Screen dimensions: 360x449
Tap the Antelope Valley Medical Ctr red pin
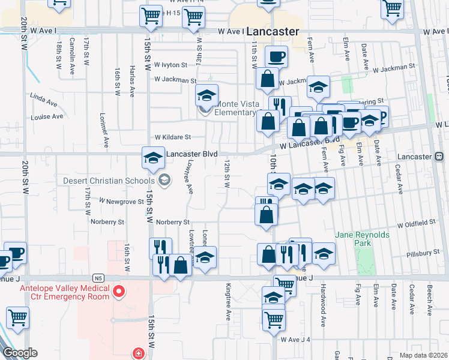click(119, 292)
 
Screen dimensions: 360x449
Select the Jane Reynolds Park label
click(362, 239)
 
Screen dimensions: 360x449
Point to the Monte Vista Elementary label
click(235, 107)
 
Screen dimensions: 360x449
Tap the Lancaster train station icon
click(439, 156)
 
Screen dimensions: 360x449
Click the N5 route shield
click(98, 278)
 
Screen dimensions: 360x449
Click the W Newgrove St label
click(122, 202)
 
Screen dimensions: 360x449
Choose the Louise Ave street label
click(47, 116)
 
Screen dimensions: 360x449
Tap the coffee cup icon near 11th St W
click(276, 58)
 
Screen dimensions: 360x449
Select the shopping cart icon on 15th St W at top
click(151, 16)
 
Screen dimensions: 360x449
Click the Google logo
click(19, 353)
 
